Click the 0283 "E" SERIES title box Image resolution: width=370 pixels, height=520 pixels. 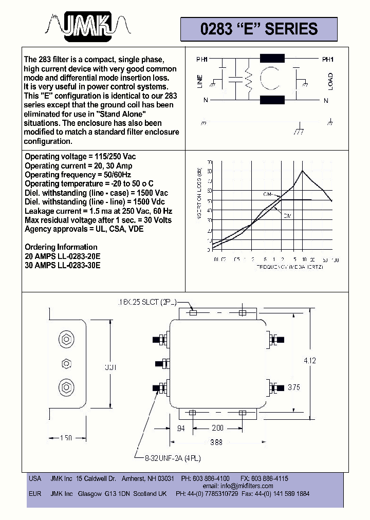click(x=258, y=29)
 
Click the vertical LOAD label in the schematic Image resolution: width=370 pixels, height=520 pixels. click(x=330, y=81)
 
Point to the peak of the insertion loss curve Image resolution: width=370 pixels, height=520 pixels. click(x=303, y=171)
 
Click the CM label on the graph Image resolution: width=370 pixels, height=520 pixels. click(x=268, y=195)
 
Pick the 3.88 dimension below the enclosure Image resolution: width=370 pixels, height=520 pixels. click(x=216, y=442)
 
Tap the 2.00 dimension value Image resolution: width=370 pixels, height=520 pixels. click(x=217, y=428)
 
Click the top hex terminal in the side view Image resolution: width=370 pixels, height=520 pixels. click(x=65, y=339)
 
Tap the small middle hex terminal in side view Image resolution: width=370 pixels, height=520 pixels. click(x=65, y=363)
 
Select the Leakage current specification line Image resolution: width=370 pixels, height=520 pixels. click(x=98, y=211)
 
